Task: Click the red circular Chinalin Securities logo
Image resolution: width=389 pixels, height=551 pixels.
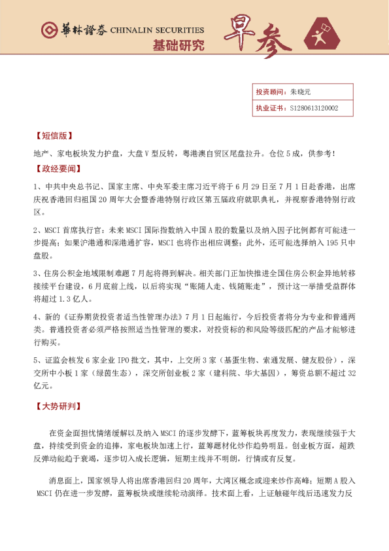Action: [x=48, y=30]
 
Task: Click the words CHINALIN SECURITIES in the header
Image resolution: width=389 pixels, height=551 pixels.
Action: [x=157, y=31]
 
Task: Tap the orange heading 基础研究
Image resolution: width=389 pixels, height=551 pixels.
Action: [x=178, y=46]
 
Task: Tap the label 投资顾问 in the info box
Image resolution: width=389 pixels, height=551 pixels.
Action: [x=267, y=92]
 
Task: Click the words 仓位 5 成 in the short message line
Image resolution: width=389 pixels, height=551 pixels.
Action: [x=287, y=153]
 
